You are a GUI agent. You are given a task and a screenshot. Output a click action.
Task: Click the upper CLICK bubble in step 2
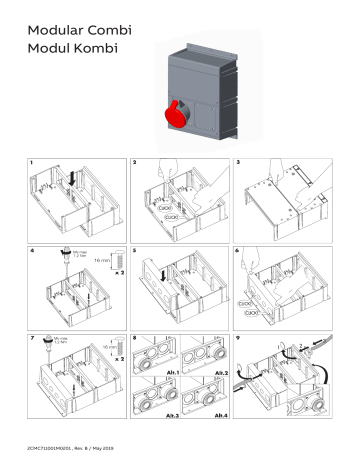(x=171, y=208)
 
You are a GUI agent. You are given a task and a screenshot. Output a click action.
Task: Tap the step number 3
(x=238, y=161)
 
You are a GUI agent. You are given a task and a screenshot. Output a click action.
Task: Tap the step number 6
(x=238, y=247)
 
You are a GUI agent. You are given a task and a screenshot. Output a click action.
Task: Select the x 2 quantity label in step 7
(x=117, y=356)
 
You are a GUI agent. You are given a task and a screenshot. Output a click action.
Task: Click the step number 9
(x=238, y=336)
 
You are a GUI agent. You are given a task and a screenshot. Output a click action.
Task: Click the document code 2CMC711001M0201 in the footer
(x=56, y=444)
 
